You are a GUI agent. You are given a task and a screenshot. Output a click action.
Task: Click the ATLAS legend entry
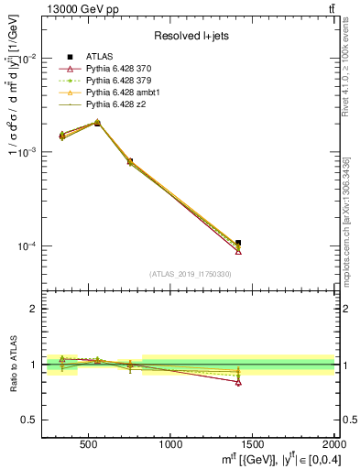[x=101, y=57]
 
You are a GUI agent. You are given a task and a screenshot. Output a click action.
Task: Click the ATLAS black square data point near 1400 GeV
[x=239, y=243]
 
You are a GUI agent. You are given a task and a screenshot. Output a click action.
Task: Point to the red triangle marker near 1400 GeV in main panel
[x=239, y=251]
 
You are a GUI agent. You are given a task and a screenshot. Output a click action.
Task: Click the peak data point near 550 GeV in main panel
[x=98, y=122]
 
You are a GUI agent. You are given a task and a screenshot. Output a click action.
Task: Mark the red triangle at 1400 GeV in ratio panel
[x=239, y=382]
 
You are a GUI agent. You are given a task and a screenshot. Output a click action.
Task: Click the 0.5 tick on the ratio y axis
[x=33, y=420]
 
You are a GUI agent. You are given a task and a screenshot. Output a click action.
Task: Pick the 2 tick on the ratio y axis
[x=37, y=309]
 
